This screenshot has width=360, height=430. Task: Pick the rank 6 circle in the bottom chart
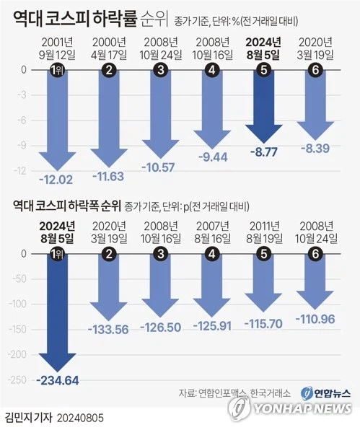coord(316,254)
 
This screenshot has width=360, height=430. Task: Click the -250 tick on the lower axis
coord(20,381)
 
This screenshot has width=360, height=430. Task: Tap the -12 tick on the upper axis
coord(22,171)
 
